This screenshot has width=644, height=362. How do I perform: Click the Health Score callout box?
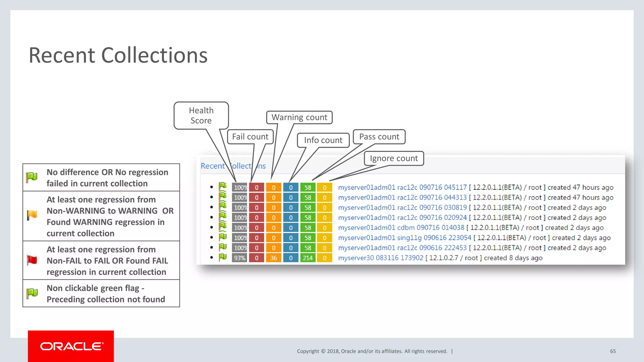(x=201, y=115)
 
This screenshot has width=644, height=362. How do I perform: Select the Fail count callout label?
(x=250, y=137)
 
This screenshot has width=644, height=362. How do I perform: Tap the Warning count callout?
(x=299, y=117)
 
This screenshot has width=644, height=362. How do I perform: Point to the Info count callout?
(x=323, y=140)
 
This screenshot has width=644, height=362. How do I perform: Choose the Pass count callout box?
(x=379, y=137)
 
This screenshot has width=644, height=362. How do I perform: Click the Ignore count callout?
(x=394, y=158)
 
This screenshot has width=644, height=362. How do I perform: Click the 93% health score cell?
(x=240, y=258)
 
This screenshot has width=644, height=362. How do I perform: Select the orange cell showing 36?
(x=274, y=258)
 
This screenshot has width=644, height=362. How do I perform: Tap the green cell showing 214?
(x=308, y=258)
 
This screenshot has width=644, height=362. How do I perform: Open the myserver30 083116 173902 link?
(x=380, y=258)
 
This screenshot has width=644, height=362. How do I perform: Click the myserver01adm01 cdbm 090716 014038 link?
(x=401, y=228)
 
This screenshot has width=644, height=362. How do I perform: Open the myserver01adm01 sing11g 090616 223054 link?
(x=404, y=238)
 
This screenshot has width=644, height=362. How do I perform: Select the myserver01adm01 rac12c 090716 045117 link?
(x=402, y=188)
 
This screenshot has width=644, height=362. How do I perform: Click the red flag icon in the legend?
(x=32, y=260)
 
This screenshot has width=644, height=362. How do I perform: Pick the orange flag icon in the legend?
(x=32, y=216)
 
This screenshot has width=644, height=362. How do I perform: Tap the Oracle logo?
(x=71, y=346)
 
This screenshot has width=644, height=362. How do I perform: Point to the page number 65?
(x=613, y=351)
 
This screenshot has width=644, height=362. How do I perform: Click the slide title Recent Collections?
(x=118, y=55)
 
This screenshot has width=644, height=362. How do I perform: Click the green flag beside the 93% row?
(x=223, y=257)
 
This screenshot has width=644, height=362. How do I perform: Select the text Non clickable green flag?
(x=93, y=288)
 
